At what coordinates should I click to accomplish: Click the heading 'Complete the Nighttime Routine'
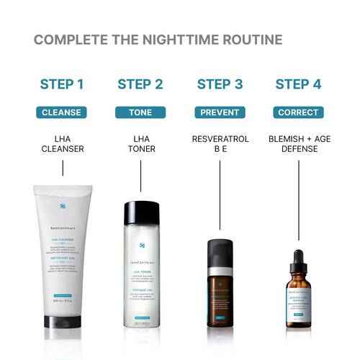158,39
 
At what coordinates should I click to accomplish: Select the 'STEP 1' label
62,84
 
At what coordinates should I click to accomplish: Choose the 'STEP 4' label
297,84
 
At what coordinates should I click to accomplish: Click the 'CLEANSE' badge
62,112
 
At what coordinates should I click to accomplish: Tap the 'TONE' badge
140,112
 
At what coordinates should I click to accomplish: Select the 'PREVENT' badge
219,112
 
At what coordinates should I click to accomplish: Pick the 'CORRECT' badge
297,112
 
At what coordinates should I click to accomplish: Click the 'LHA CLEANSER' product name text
62,143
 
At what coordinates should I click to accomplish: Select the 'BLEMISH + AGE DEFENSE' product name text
297,143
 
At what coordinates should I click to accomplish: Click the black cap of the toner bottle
140,212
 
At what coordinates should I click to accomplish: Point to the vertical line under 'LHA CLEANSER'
63,168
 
